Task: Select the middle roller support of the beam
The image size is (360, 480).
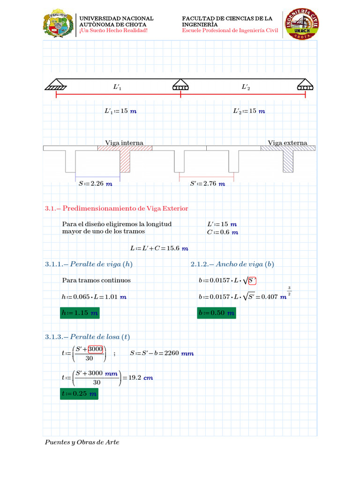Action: [x=180, y=86]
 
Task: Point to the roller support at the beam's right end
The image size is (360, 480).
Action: [x=305, y=86]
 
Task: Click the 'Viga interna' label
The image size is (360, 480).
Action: [x=124, y=142]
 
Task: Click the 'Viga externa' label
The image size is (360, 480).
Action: [x=287, y=142]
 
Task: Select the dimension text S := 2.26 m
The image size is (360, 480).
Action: [x=96, y=184]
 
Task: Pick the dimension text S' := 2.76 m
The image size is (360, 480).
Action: [x=207, y=184]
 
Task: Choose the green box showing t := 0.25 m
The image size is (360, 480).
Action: [x=79, y=394]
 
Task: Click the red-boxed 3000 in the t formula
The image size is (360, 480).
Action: [x=96, y=349]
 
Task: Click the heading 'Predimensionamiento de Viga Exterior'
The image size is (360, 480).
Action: [x=125, y=208]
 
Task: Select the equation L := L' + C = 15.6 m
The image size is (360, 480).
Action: [x=159, y=248]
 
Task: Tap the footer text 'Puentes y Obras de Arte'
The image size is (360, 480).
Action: [x=82, y=442]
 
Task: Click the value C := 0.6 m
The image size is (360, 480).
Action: [x=222, y=232]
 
